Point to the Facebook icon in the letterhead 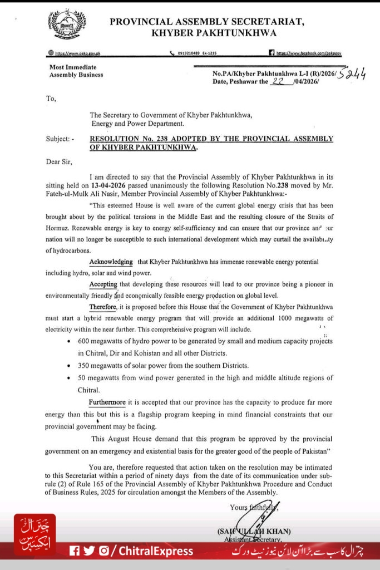pos(272,53)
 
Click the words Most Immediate pos(65,67)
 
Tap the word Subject pos(58,139)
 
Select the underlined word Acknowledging pos(111,262)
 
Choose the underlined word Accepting pos(103,284)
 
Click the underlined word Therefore pos(103,307)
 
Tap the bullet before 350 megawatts pos(68,366)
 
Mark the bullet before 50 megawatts pos(68,378)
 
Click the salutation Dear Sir pos(59,162)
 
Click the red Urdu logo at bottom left pos(34,535)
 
